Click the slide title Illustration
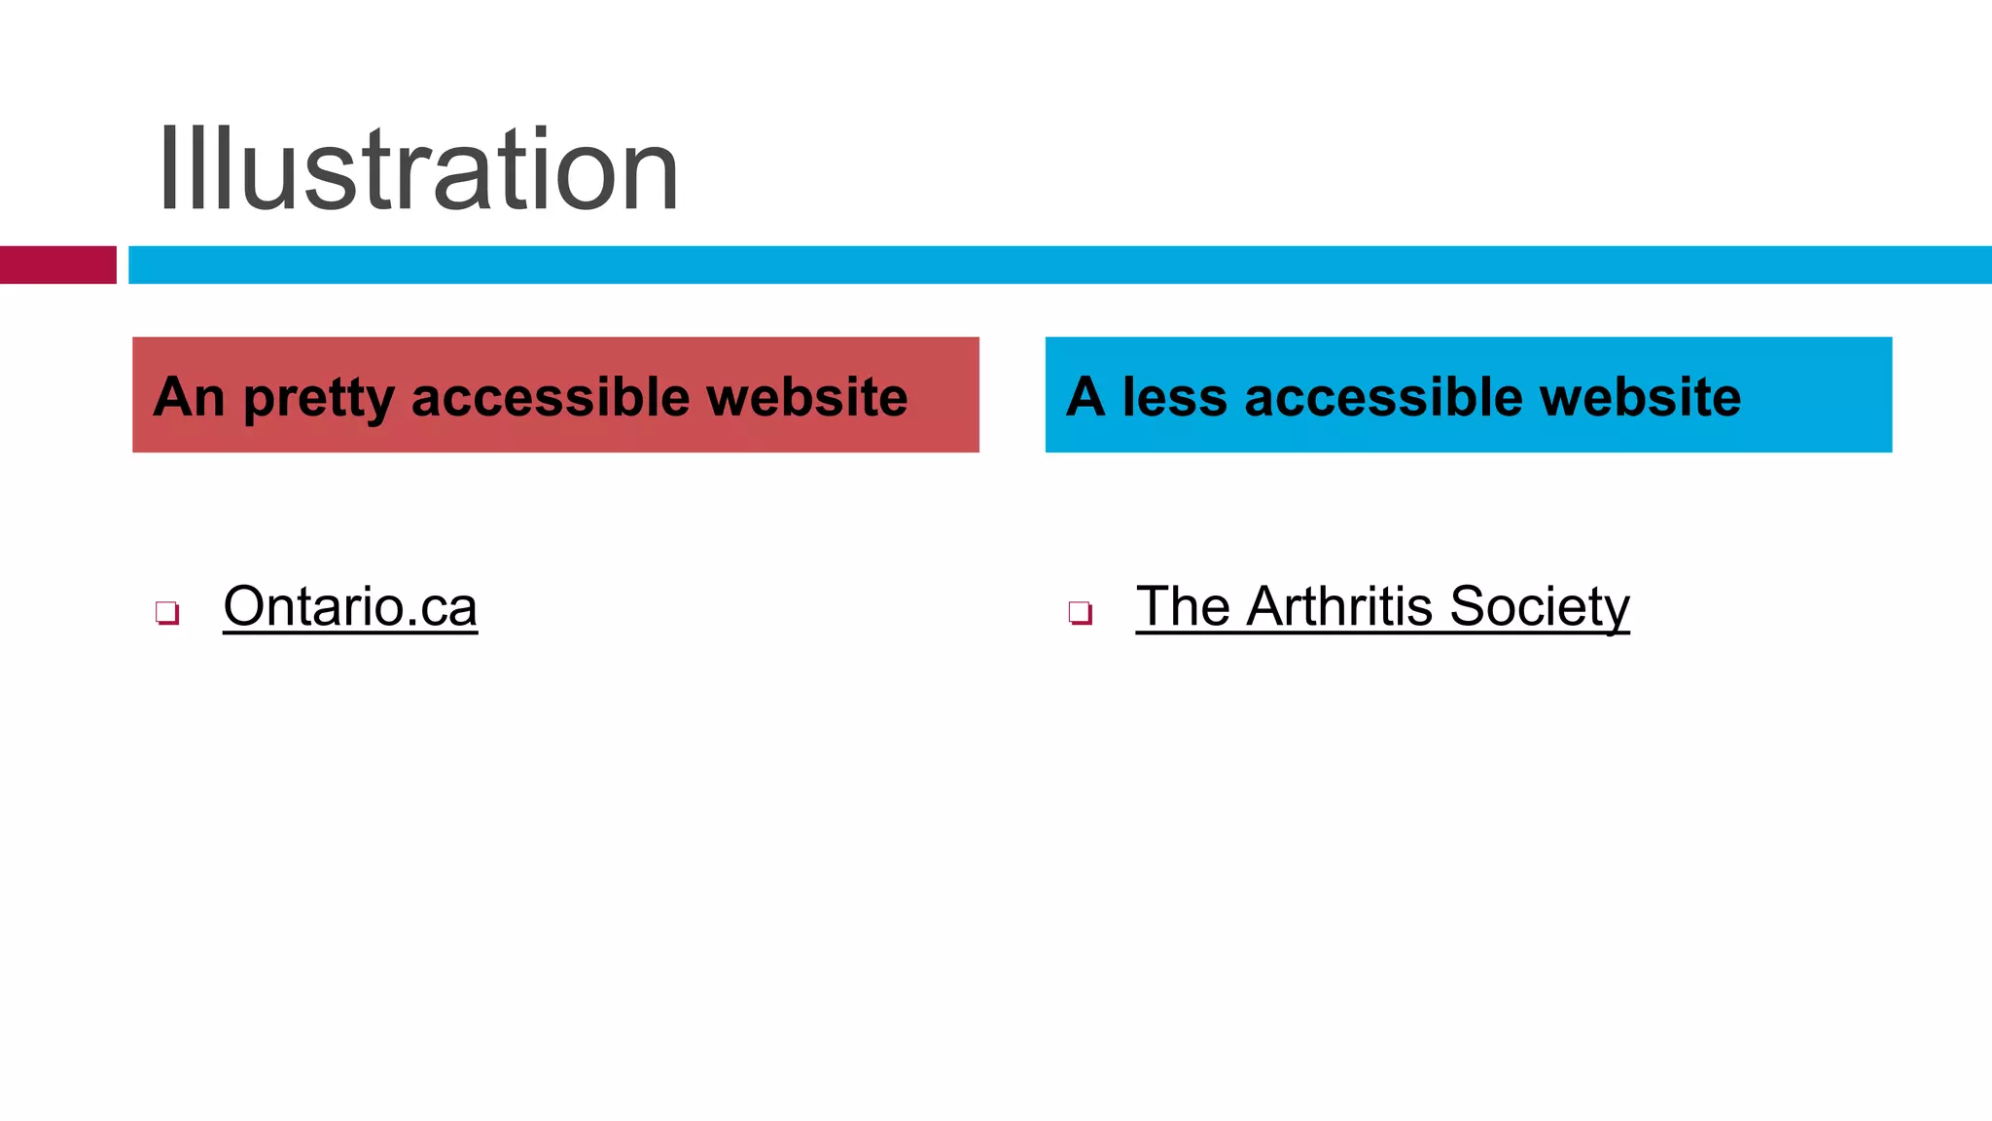418,170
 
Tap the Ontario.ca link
350,606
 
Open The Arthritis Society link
1382,606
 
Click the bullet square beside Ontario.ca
167,613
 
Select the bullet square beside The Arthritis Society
1080,613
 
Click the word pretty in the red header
318,398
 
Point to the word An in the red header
189,397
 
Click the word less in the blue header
1175,397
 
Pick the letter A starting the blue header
1085,397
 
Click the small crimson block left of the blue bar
57,265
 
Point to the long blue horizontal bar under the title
1060,265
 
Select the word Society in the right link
1539,606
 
